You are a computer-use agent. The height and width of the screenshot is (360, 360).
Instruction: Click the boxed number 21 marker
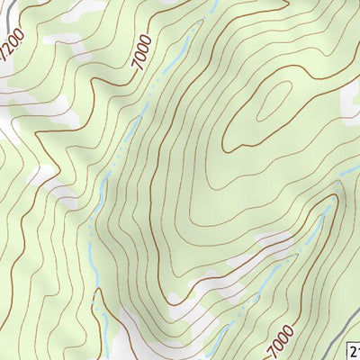(x=353, y=351)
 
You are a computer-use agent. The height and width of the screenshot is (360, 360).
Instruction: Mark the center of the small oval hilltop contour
(x=271, y=103)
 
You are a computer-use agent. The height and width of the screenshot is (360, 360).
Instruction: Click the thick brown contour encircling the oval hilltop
(x=225, y=135)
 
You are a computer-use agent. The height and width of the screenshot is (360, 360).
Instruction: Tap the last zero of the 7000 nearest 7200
(x=147, y=38)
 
